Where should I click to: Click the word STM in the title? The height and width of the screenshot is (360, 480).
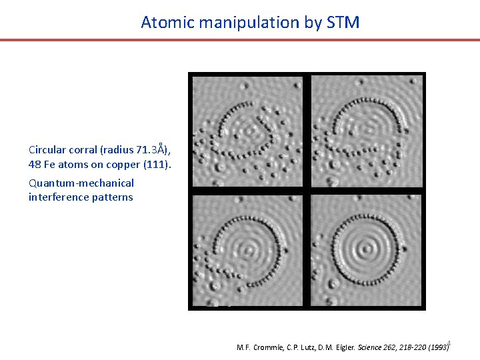[343, 23]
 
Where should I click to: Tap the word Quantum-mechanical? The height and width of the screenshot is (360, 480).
[81, 183]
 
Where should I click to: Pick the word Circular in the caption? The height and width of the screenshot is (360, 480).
[47, 149]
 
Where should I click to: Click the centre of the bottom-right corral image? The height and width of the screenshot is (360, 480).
[366, 250]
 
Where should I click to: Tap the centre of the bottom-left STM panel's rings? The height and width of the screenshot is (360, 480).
[248, 251]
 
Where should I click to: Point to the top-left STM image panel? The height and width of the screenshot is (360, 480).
[247, 131]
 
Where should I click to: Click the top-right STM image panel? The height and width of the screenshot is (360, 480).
[366, 131]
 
